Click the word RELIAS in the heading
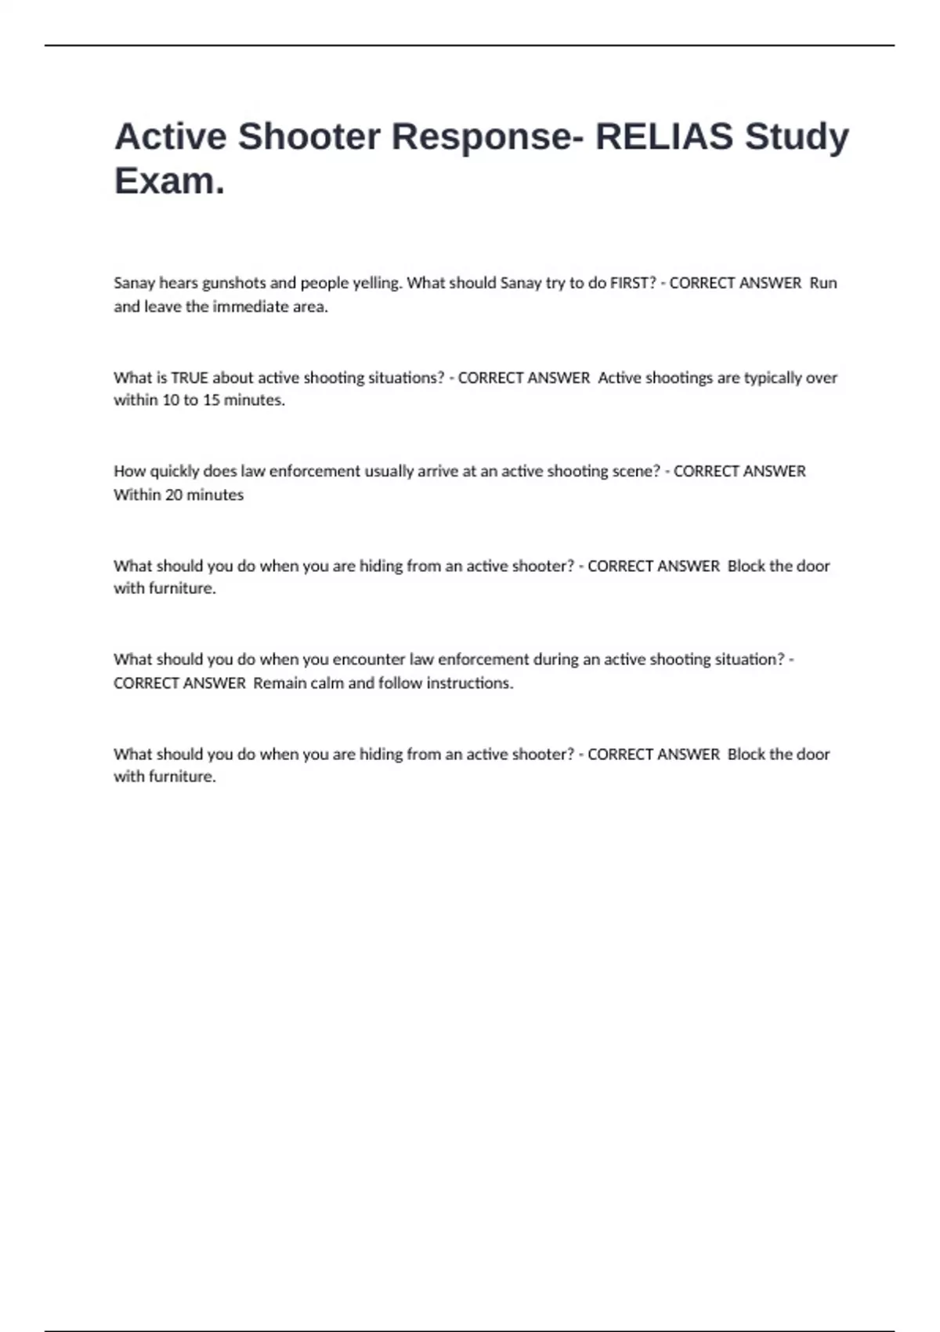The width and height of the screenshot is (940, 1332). point(663,136)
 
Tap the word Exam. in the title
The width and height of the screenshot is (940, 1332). point(169,181)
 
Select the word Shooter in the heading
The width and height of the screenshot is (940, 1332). point(309,136)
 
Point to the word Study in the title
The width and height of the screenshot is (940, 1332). point(797,136)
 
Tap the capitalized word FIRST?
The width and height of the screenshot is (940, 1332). point(633,283)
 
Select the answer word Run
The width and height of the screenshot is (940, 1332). point(823,283)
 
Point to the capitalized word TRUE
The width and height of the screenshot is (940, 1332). point(190,378)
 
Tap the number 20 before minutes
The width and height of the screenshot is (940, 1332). point(173,495)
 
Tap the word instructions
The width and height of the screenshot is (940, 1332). point(469,683)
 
